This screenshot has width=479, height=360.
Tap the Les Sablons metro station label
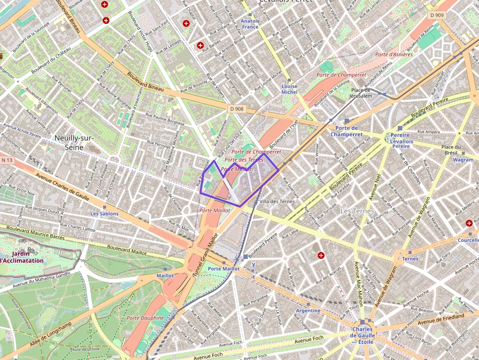click(x=104, y=214)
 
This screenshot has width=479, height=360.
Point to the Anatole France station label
click(x=250, y=24)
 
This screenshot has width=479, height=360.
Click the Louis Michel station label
click(x=289, y=89)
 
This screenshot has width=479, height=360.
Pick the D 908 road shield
click(x=236, y=108)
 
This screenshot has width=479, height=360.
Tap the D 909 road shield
click(x=438, y=15)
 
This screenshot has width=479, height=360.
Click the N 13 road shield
click(x=7, y=160)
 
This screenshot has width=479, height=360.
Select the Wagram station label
click(x=463, y=160)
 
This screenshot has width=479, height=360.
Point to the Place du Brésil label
click(x=451, y=150)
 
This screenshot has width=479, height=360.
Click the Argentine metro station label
click(x=308, y=311)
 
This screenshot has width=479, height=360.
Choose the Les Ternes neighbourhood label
click(x=357, y=211)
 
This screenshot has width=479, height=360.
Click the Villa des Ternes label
click(x=277, y=201)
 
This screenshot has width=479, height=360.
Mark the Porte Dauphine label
click(x=145, y=318)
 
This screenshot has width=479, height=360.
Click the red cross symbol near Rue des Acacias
click(x=321, y=255)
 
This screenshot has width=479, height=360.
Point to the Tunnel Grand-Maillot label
click(x=205, y=255)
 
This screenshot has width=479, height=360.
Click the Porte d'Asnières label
click(x=394, y=54)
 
